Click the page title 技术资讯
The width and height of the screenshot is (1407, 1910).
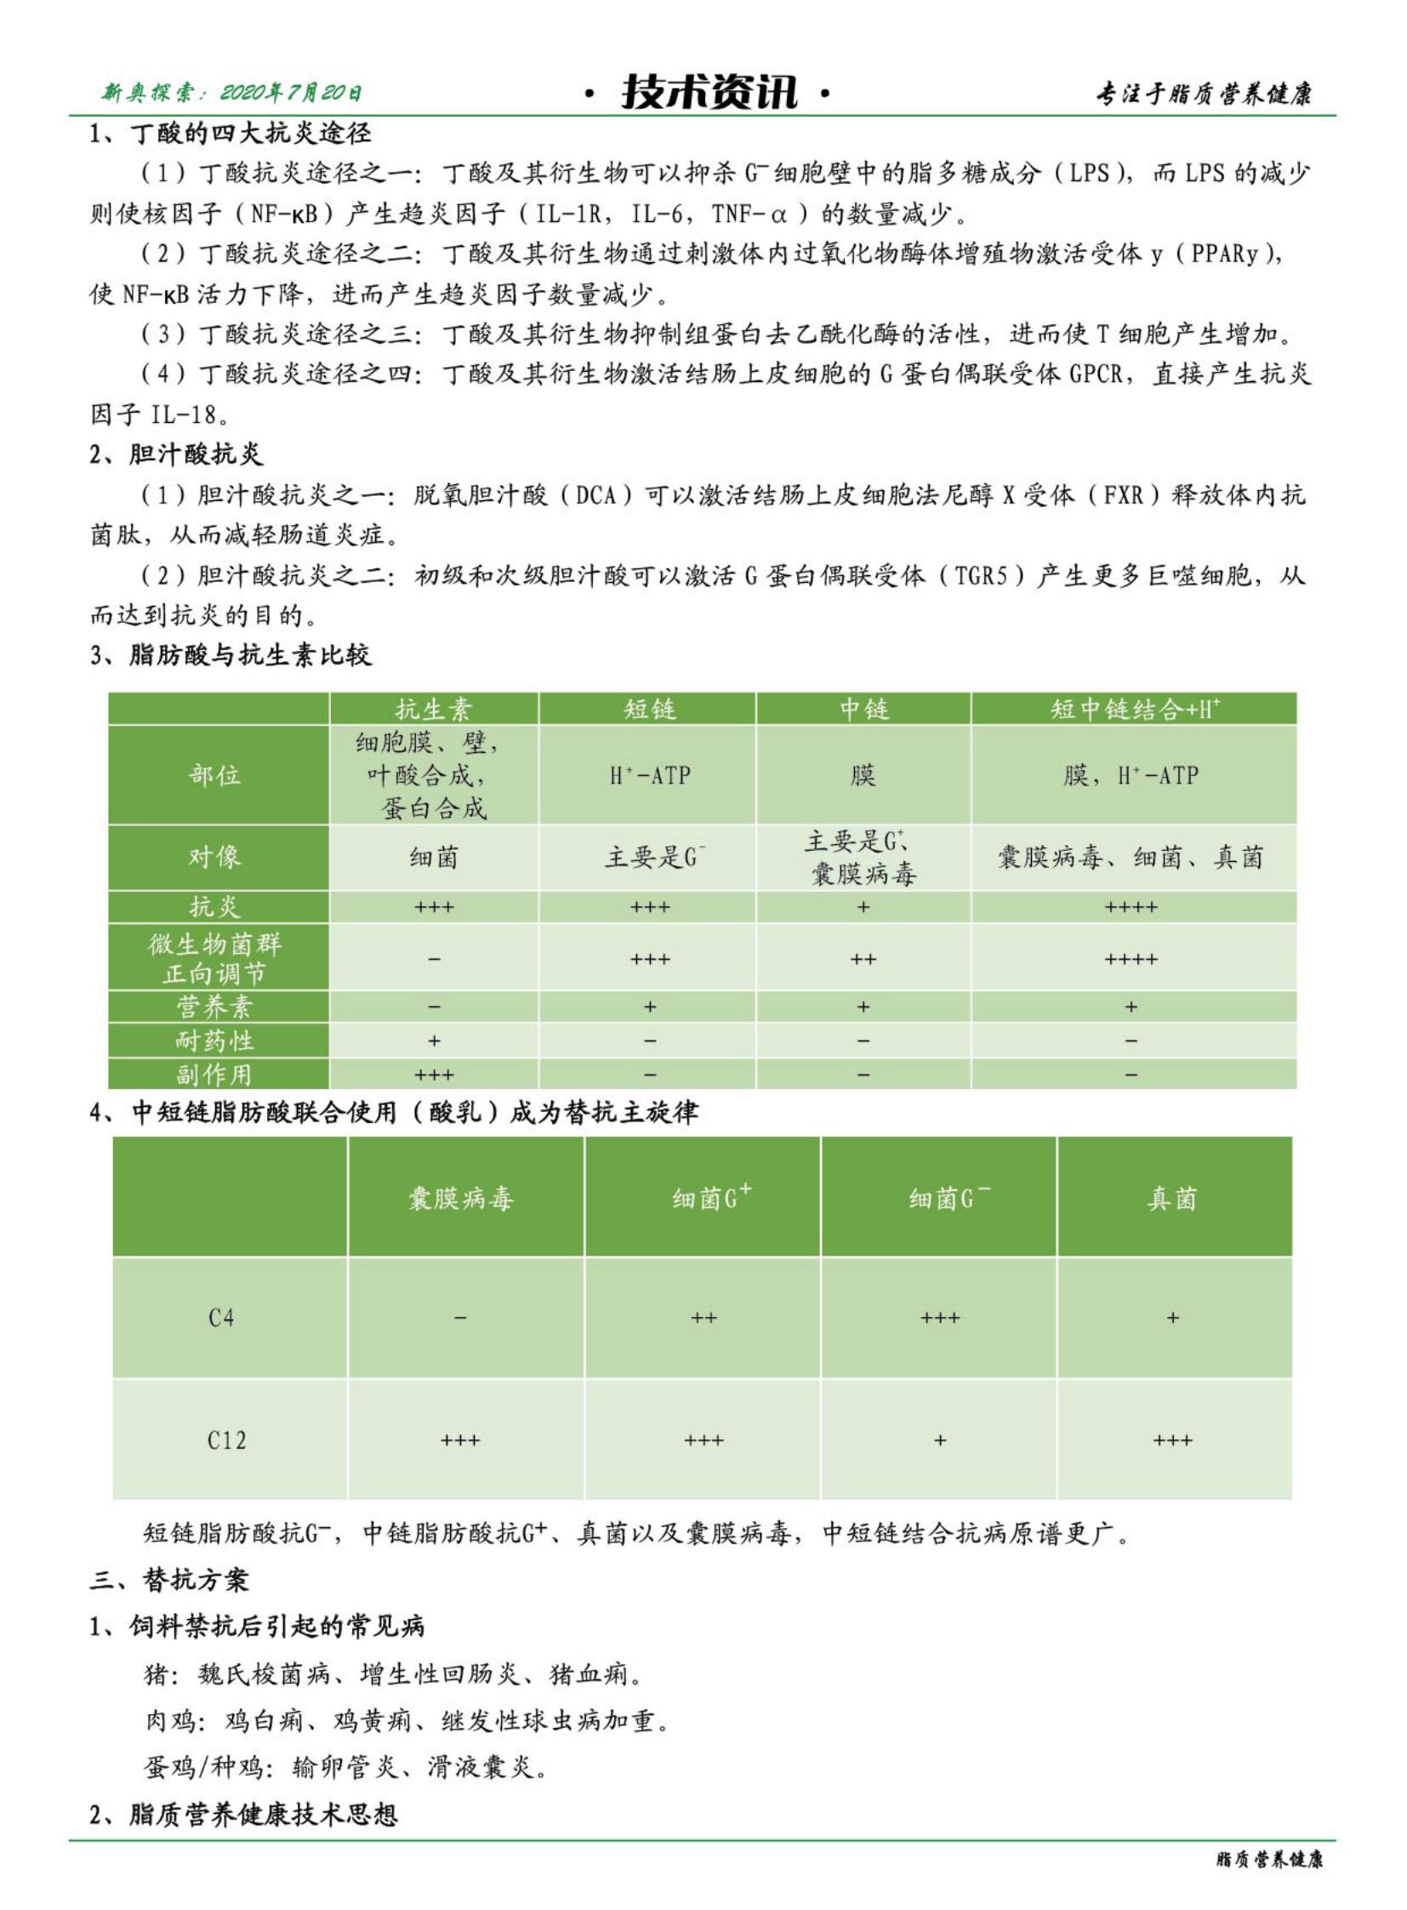point(709,92)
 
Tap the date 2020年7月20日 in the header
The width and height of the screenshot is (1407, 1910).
point(290,92)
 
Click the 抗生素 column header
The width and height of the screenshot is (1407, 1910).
point(434,709)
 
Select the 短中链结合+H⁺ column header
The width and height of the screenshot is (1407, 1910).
point(1134,709)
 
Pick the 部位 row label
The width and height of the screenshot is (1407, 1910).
point(214,774)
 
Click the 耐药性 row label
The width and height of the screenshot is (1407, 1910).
point(214,1041)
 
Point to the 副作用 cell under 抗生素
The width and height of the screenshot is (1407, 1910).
point(434,1075)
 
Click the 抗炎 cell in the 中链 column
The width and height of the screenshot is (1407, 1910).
point(863,907)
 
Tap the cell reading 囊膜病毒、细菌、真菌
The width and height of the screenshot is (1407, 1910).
point(1131,857)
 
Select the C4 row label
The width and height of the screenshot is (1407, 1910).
point(221,1318)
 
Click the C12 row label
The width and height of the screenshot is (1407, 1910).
point(226,1440)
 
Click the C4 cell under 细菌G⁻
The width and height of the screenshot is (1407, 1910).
point(939,1318)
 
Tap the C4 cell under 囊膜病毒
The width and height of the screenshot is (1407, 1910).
point(460,1318)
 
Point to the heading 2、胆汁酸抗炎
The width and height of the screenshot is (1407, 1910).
point(176,454)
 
